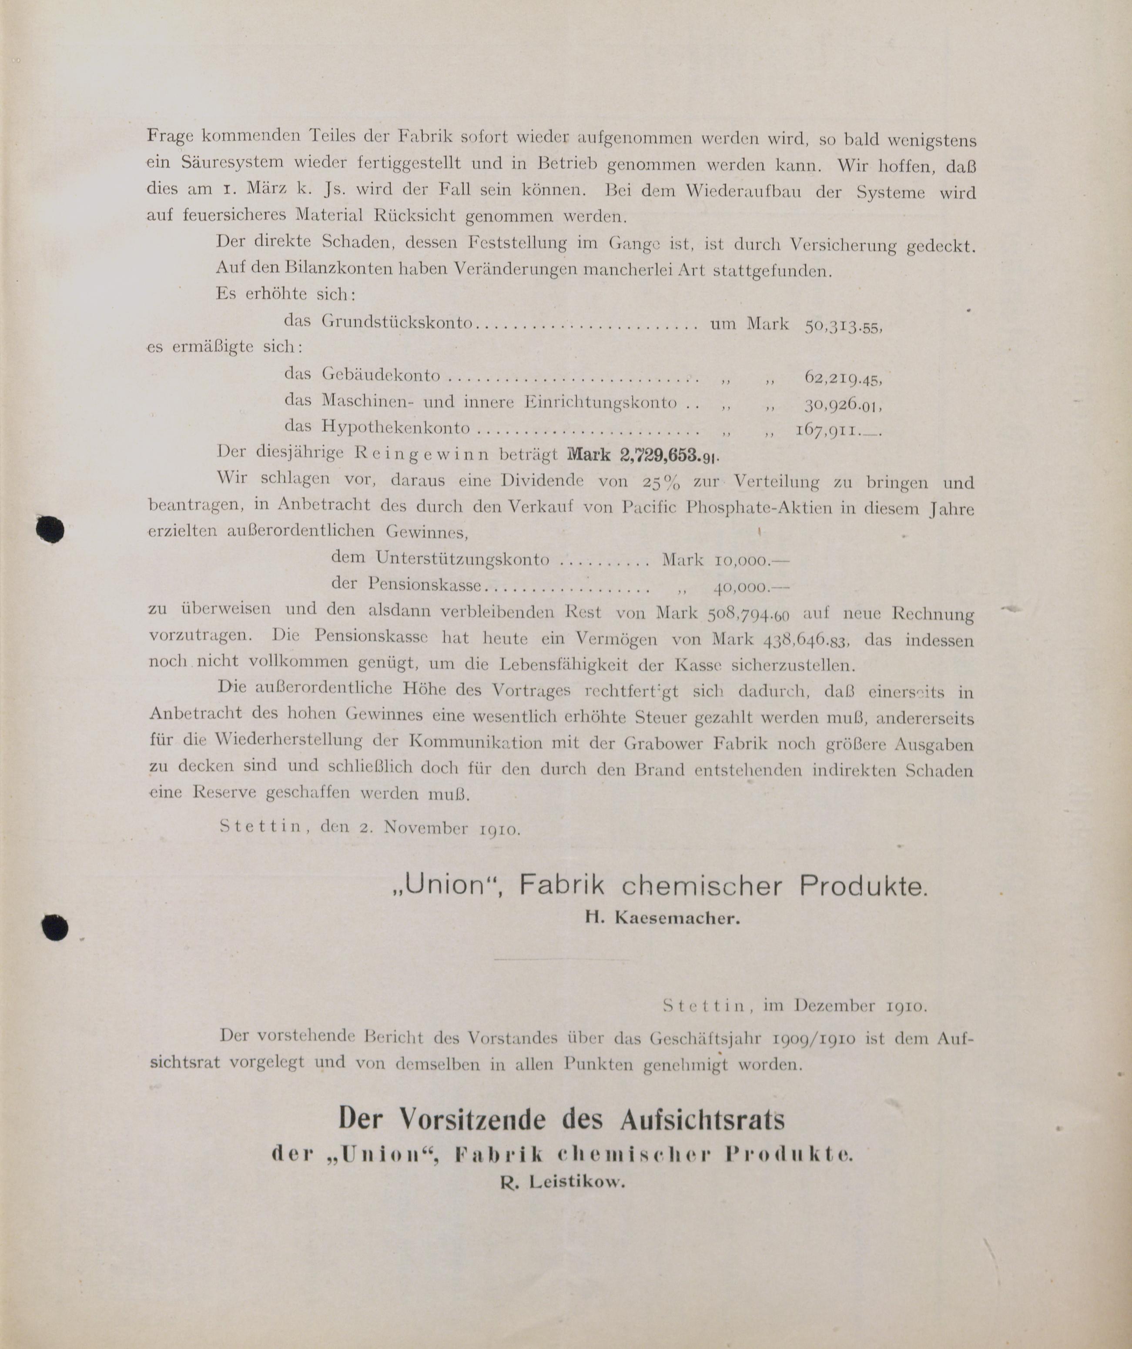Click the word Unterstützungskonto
point(462,559)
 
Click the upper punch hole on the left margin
point(50,529)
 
